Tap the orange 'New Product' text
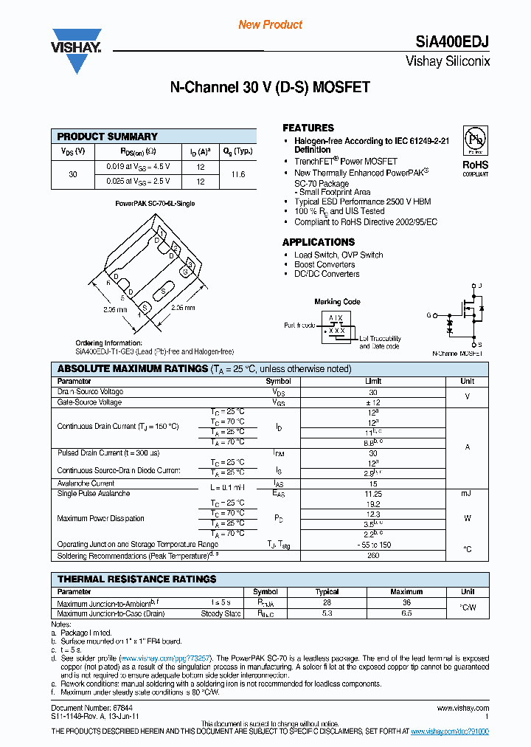coord(270,24)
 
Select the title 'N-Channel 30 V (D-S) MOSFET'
coord(270,88)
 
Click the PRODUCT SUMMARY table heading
coord(107,137)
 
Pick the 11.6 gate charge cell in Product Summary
coord(238,173)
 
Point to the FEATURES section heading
coord(308,128)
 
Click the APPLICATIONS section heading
coord(318,242)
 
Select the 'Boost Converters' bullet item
coord(324,264)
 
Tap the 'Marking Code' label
coord(337,302)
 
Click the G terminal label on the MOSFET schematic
coord(428,315)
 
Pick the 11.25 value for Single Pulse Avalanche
coord(373,493)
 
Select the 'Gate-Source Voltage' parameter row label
coord(89,402)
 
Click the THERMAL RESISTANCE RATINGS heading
coord(136,579)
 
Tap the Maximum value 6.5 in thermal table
coord(406,613)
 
